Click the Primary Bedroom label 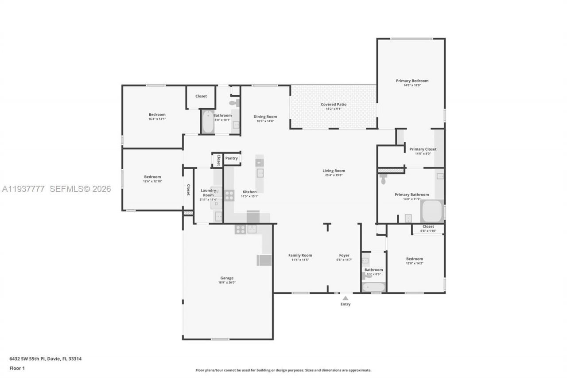coord(412,81)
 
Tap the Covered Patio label coord(334,105)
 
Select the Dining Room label coord(265,117)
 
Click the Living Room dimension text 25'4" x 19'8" coord(334,175)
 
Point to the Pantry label coord(231,158)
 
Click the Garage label coord(227,278)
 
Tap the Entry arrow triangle coord(345,298)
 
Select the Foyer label coord(344,255)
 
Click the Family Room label coord(300,255)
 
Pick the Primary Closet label coord(423,149)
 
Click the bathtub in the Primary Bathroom coord(432,211)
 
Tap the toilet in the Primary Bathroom coord(384,179)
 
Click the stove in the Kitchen coord(229,195)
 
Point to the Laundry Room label coord(208,193)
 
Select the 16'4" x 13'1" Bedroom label coord(157,114)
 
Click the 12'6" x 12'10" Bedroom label coord(152,177)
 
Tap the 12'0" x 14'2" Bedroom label coord(415,259)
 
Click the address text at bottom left coord(45,359)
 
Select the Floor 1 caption coord(17,368)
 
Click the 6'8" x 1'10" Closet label coord(428,226)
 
